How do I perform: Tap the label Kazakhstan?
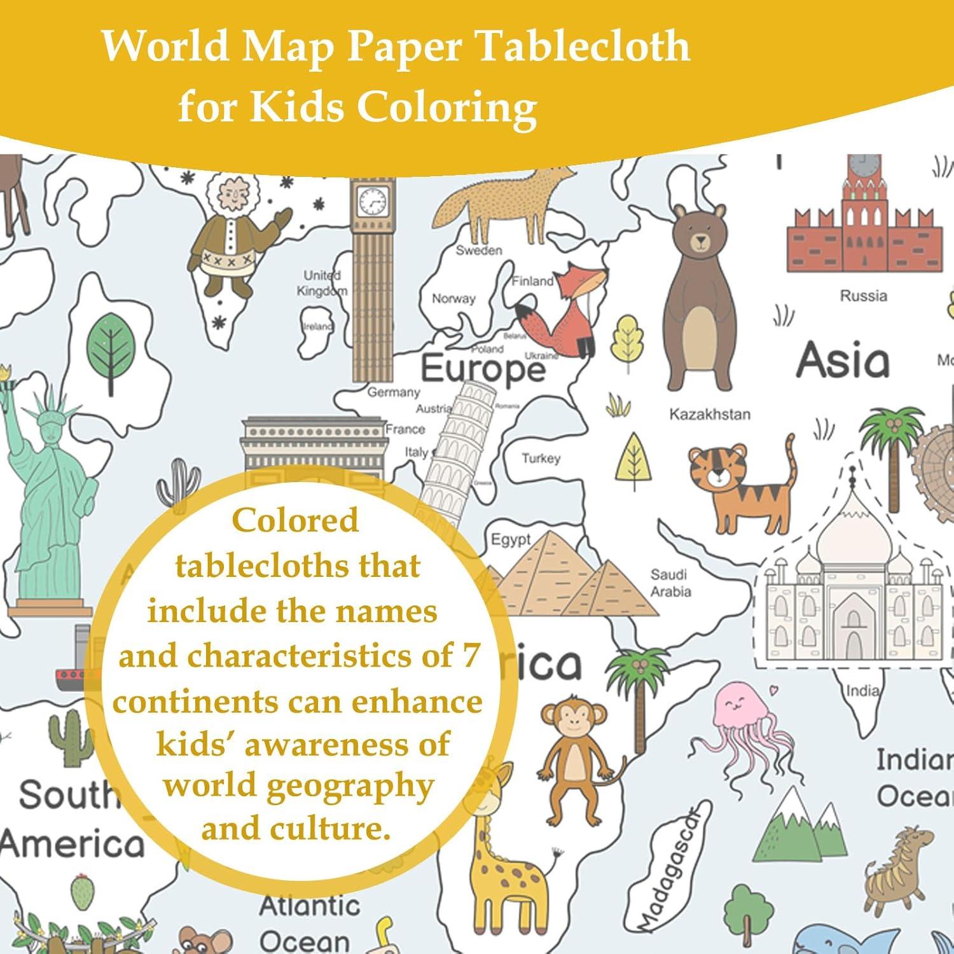709,415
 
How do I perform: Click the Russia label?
863,296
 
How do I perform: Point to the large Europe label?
483,369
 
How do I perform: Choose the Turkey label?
541,459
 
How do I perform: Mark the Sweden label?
479,251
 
